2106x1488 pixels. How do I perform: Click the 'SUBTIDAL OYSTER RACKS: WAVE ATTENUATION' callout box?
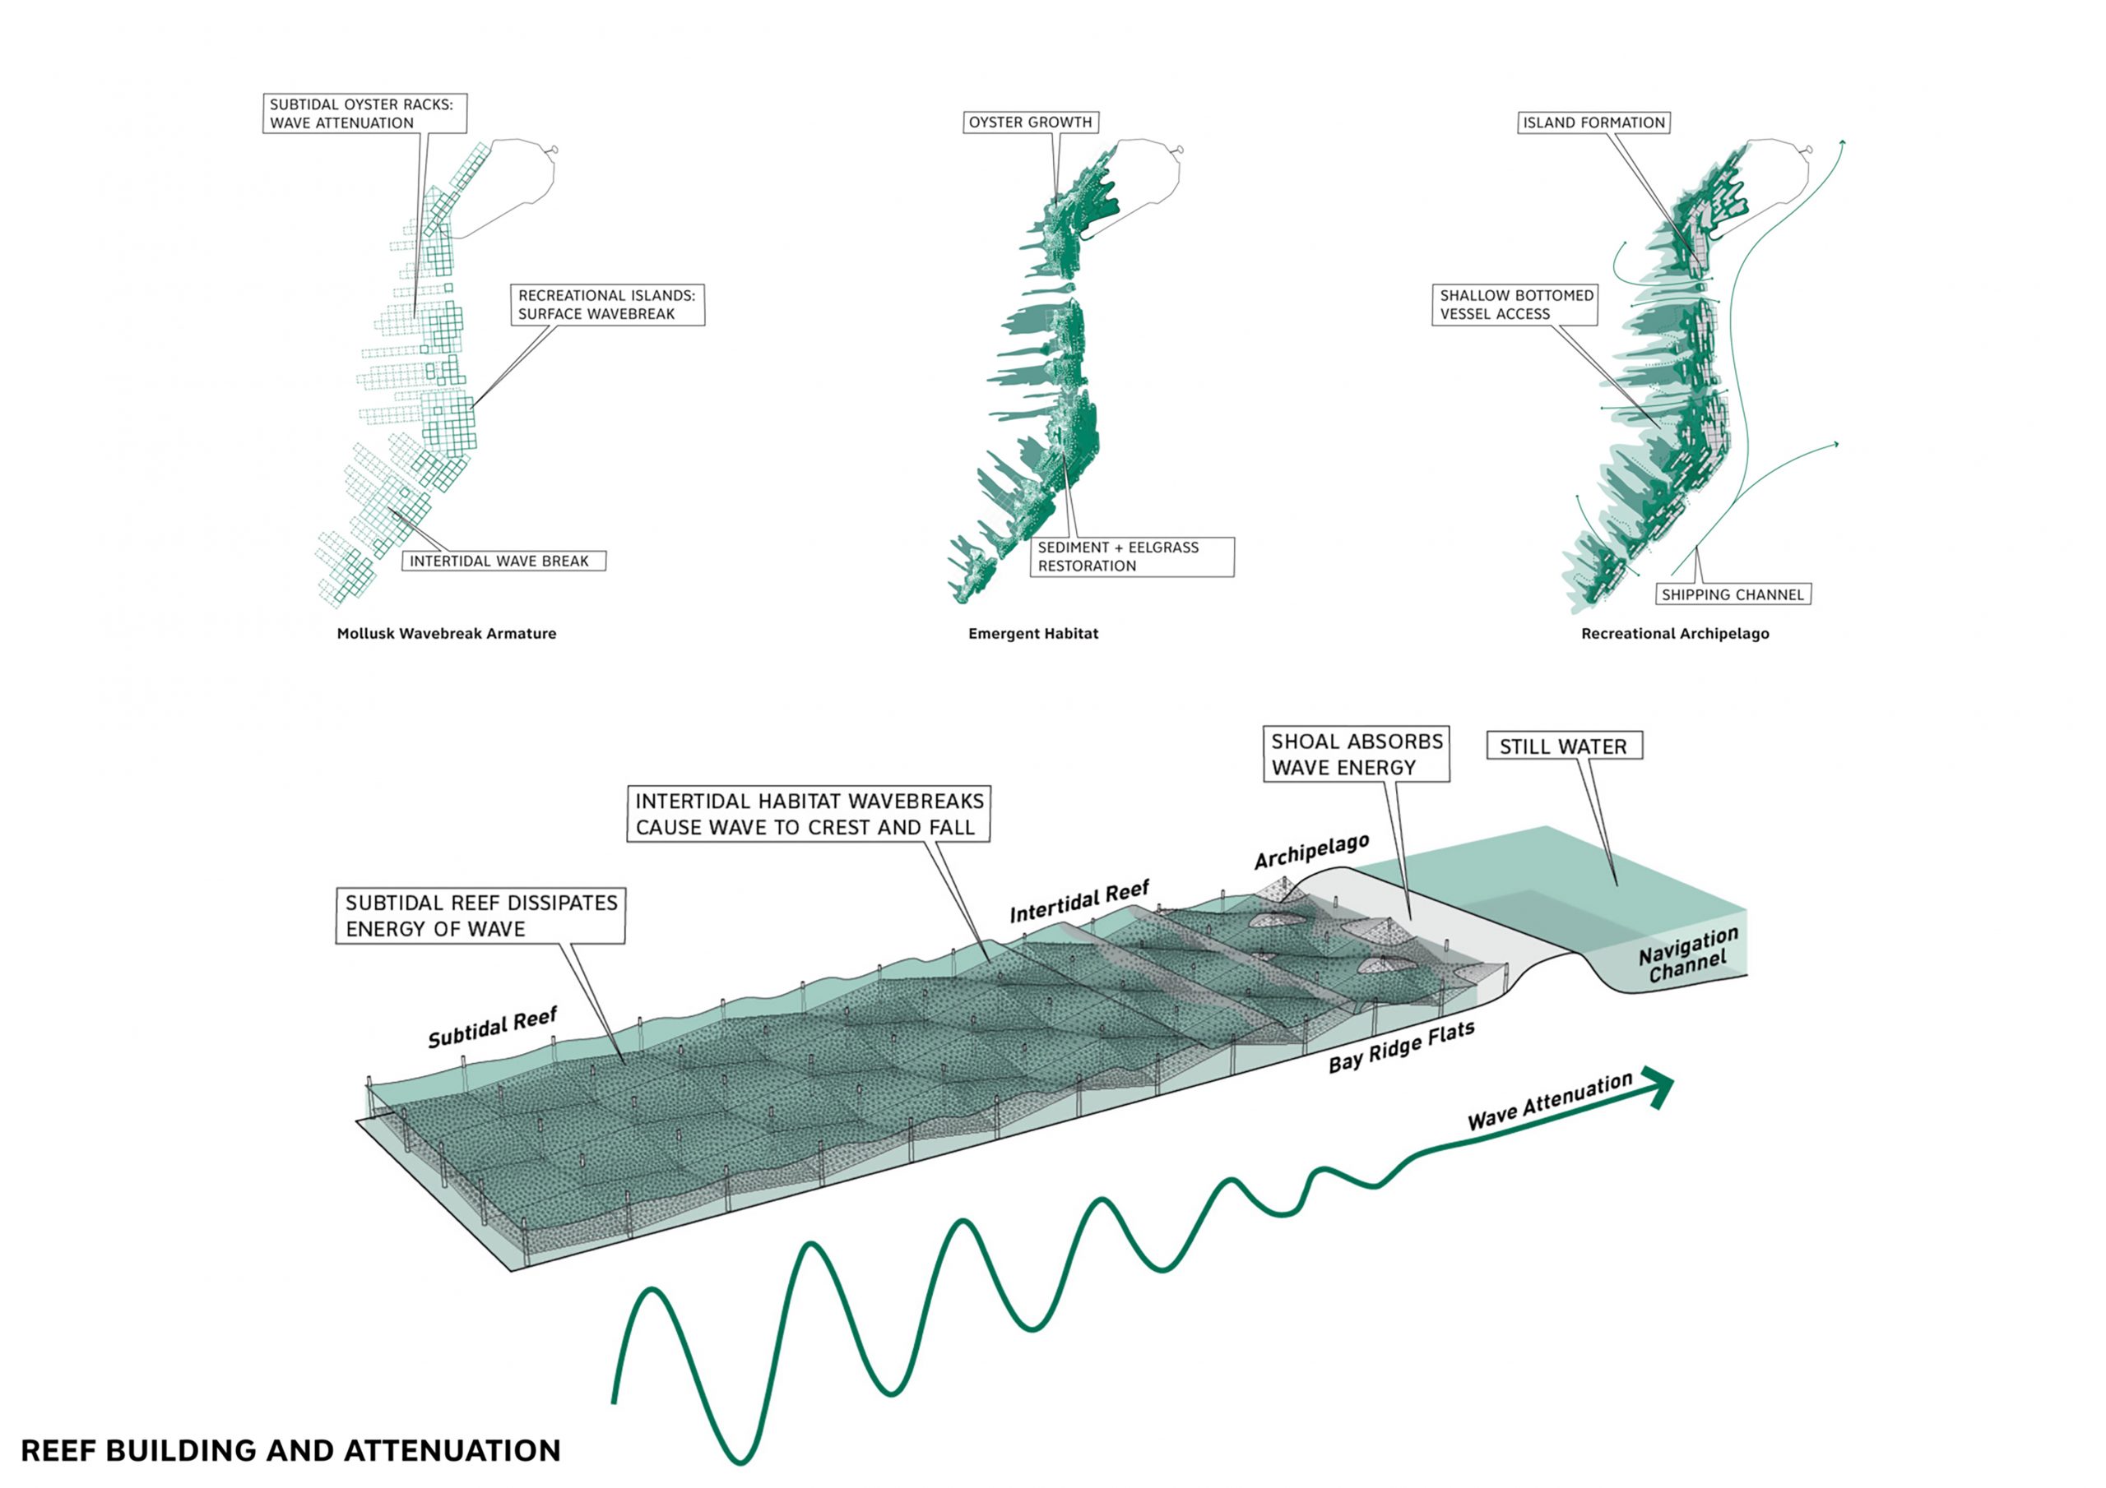[365, 113]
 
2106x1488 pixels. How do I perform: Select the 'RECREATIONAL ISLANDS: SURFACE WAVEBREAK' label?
[607, 304]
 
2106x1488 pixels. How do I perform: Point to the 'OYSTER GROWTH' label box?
[1031, 122]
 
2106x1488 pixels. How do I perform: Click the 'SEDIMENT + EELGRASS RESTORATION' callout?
[1132, 557]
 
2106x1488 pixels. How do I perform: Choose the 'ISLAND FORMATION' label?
[1593, 122]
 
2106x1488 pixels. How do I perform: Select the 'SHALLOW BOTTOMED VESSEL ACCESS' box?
[1515, 304]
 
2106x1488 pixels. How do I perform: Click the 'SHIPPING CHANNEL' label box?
[1733, 594]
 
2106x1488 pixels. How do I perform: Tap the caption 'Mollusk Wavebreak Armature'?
[447, 634]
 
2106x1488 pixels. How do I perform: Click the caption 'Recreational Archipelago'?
[1675, 634]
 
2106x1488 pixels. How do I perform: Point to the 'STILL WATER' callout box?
[1564, 746]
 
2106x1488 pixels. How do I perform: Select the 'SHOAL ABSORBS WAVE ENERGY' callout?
[1357, 754]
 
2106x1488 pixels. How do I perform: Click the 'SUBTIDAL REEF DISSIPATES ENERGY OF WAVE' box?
[480, 915]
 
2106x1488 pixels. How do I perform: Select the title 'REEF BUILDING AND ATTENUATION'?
[290, 1450]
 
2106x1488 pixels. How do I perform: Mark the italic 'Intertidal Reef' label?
[1079, 902]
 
